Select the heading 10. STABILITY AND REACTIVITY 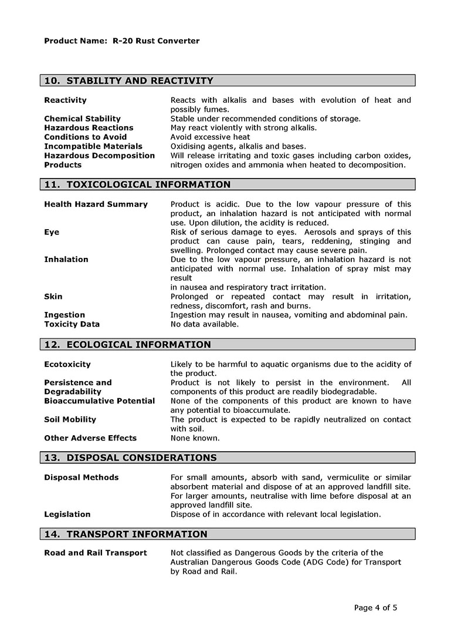[129, 80]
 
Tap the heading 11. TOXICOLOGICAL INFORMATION [138, 184]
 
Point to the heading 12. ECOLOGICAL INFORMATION [128, 345]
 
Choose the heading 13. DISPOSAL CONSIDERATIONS [131, 458]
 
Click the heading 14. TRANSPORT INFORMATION [126, 534]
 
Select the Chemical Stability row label [82, 119]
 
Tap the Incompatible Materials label [93, 146]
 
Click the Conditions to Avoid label [85, 137]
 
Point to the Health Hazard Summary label [96, 204]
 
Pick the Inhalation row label [66, 260]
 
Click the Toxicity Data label [72, 324]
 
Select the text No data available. [205, 324]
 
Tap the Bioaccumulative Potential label [100, 401]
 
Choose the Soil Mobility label [70, 420]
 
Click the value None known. [195, 438]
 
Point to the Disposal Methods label [81, 477]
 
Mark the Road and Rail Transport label [96, 553]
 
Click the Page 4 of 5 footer [375, 608]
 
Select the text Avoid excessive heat [210, 137]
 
